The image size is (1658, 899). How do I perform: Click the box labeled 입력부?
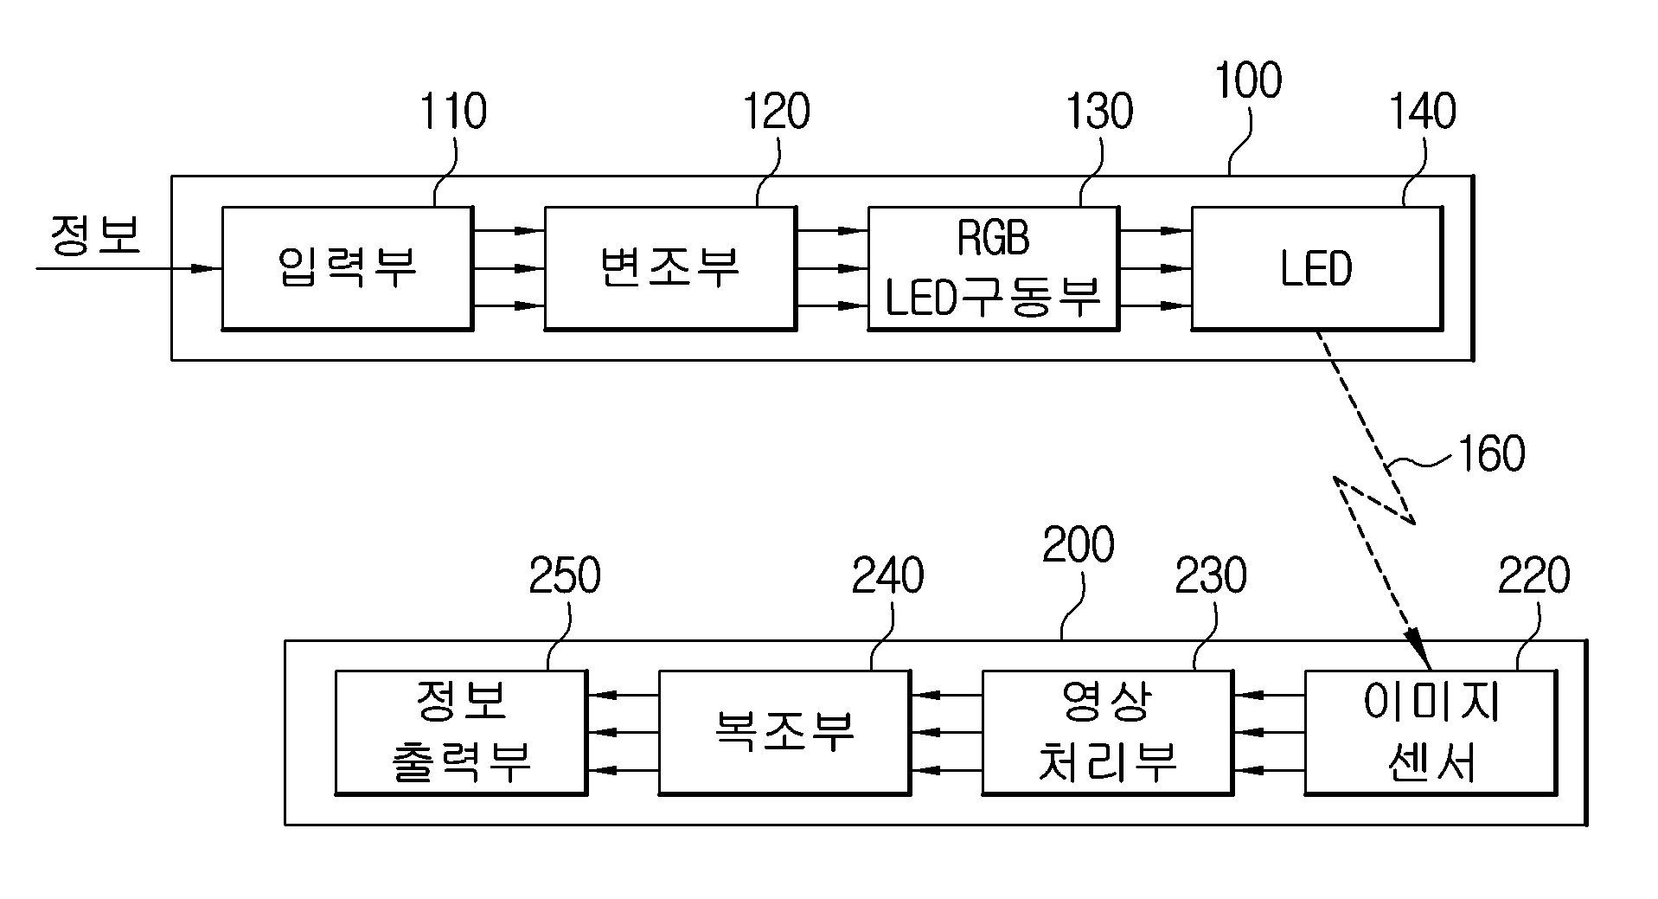(x=347, y=268)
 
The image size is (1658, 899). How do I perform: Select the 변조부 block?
(x=670, y=268)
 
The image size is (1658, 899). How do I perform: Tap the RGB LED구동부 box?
(x=994, y=268)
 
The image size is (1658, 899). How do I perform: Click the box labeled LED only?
(x=1317, y=268)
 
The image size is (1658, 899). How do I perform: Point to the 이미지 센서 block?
(x=1431, y=732)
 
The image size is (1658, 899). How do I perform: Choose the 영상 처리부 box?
(x=1108, y=732)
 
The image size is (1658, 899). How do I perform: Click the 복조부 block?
(x=784, y=732)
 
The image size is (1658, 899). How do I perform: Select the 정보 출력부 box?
(x=461, y=732)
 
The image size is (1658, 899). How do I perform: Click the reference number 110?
(x=452, y=112)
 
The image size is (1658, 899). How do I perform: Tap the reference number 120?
(x=777, y=112)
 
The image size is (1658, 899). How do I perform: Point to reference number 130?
(x=1099, y=112)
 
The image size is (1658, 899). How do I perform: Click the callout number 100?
(x=1248, y=80)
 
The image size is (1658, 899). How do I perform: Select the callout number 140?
(x=1423, y=112)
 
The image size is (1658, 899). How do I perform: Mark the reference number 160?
(x=1491, y=453)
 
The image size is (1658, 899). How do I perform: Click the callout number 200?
(x=1079, y=545)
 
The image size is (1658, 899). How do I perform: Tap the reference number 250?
(x=565, y=576)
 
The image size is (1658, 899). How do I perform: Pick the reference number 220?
(x=1534, y=576)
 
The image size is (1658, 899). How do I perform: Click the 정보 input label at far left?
(x=95, y=235)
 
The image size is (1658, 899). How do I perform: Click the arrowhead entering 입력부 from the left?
(x=207, y=268)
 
